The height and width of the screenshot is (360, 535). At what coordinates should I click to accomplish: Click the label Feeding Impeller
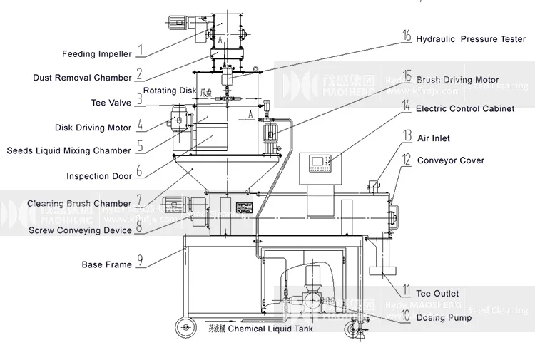pyautogui.click(x=96, y=54)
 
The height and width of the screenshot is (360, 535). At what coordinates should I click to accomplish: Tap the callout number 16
pyautogui.click(x=407, y=36)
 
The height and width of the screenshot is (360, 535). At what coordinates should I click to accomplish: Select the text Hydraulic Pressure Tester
pyautogui.click(x=471, y=39)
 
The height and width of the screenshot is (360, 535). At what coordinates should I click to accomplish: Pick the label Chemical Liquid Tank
pyautogui.click(x=270, y=329)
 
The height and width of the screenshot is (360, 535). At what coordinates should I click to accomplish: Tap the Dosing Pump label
pyautogui.click(x=444, y=317)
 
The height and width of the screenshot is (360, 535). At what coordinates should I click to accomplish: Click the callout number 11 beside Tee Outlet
pyautogui.click(x=406, y=291)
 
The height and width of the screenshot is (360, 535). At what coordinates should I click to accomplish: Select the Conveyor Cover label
pyautogui.click(x=451, y=160)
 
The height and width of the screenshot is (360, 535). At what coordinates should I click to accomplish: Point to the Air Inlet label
pyautogui.click(x=434, y=138)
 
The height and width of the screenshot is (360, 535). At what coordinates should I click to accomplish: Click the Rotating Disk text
pyautogui.click(x=170, y=91)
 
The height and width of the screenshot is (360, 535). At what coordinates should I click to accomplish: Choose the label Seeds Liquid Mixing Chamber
pyautogui.click(x=69, y=150)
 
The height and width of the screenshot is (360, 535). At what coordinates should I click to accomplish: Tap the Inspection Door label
pyautogui.click(x=99, y=176)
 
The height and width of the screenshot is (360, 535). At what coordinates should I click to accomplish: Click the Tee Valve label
pyautogui.click(x=111, y=103)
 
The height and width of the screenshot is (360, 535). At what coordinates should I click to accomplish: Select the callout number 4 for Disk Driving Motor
pyautogui.click(x=141, y=125)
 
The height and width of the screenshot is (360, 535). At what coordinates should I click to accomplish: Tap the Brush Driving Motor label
pyautogui.click(x=457, y=80)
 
